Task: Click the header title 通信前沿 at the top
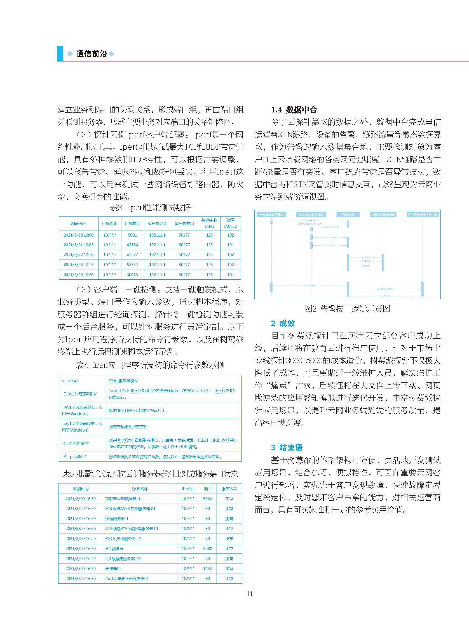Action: (92, 54)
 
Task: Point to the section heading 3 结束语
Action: (287, 447)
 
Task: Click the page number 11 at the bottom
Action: (249, 594)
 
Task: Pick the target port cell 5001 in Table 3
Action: (132, 235)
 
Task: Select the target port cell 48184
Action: (132, 245)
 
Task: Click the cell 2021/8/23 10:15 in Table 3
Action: (78, 265)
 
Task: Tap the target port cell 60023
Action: (132, 275)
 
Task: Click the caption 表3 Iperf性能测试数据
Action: (150, 208)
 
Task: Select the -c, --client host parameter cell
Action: (75, 443)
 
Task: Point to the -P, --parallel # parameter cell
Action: (74, 457)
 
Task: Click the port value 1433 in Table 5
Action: (208, 568)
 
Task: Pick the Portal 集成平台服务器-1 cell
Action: (126, 578)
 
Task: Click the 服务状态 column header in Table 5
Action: (229, 489)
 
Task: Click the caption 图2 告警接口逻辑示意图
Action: (347, 309)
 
